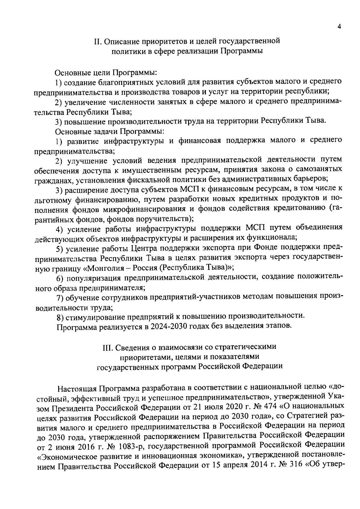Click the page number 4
339,26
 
